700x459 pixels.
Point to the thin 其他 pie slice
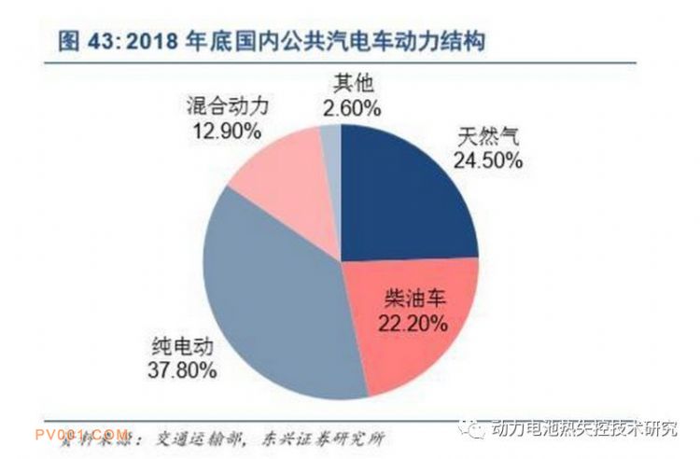click(x=331, y=140)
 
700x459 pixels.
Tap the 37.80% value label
click(x=183, y=370)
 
